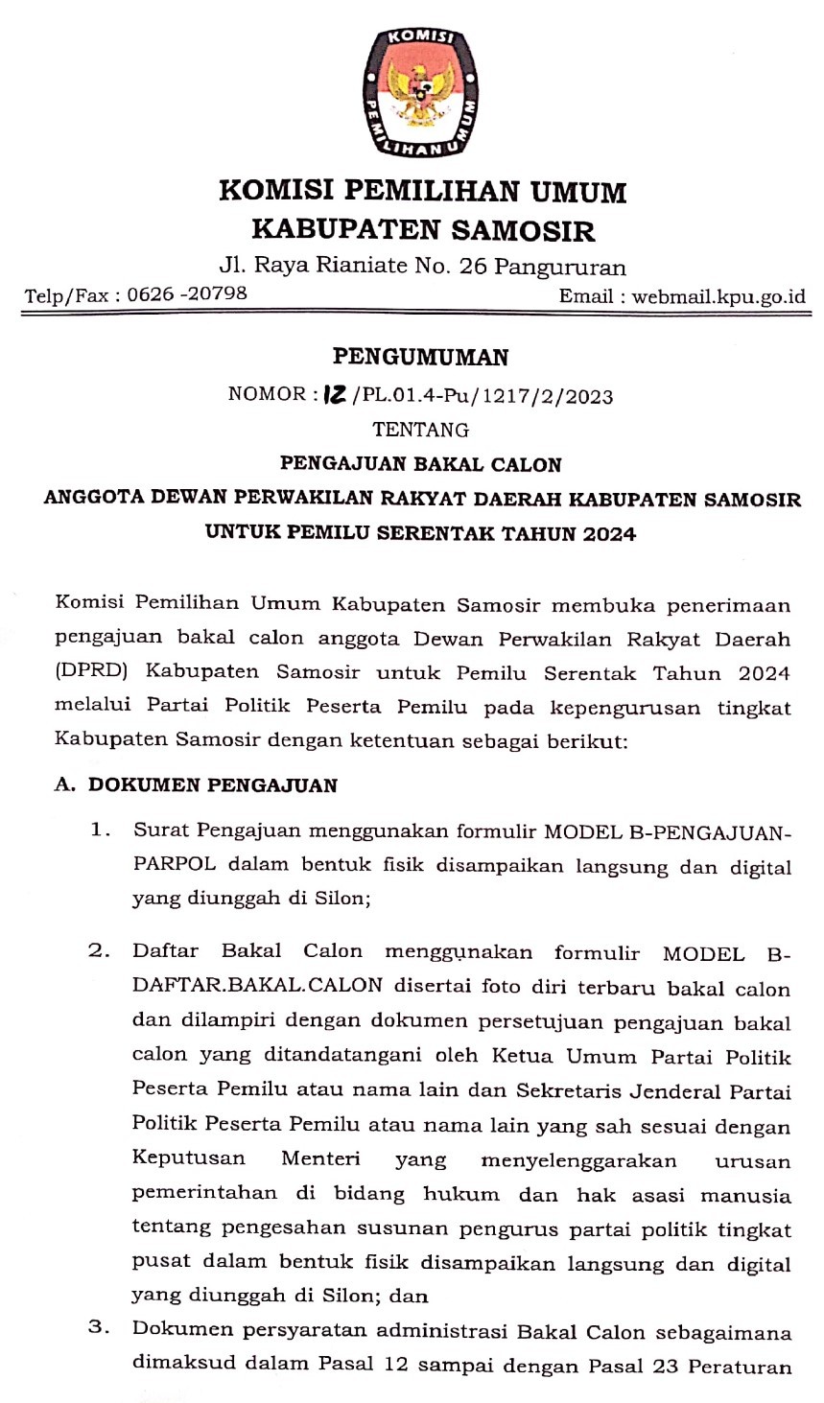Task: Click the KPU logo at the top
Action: point(420,93)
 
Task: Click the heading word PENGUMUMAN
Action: point(420,358)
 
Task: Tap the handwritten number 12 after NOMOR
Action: point(334,394)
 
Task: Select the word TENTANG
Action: point(420,430)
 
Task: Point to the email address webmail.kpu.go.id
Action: point(718,295)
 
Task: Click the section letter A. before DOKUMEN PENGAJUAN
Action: point(64,784)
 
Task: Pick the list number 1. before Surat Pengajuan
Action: point(101,830)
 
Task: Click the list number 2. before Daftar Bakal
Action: point(100,951)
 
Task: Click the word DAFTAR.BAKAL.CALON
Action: point(257,985)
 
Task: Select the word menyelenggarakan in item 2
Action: point(578,1160)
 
